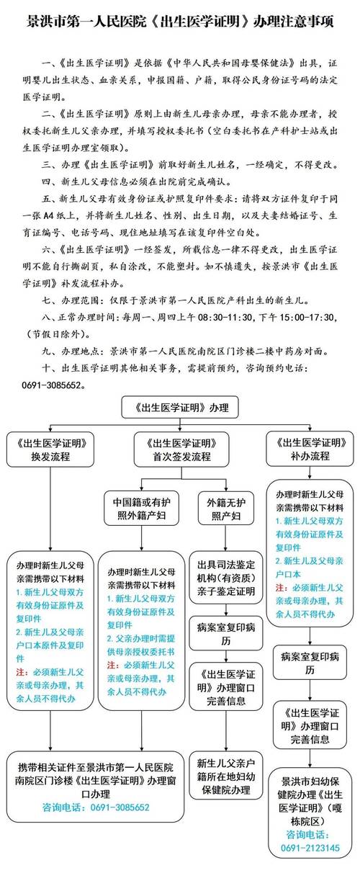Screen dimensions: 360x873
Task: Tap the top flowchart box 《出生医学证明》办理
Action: pyautogui.click(x=180, y=408)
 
